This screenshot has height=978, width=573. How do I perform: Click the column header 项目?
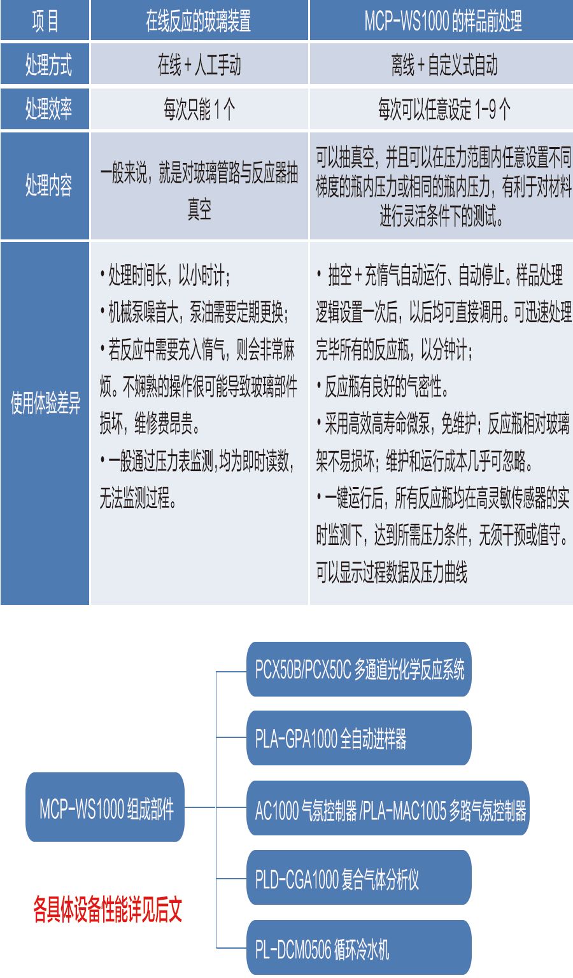click(45, 21)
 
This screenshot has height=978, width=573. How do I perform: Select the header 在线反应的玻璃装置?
click(199, 21)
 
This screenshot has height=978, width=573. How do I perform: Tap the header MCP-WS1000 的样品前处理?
click(442, 21)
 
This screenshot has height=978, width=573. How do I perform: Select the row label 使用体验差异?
click(45, 404)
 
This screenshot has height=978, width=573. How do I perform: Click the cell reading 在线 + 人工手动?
click(199, 64)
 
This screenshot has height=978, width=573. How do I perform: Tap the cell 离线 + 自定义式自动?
click(442, 64)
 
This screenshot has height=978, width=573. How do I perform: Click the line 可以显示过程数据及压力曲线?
click(392, 572)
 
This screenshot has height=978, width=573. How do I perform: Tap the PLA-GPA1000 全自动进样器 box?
click(359, 739)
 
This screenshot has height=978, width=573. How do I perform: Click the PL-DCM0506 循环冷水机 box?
click(359, 949)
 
